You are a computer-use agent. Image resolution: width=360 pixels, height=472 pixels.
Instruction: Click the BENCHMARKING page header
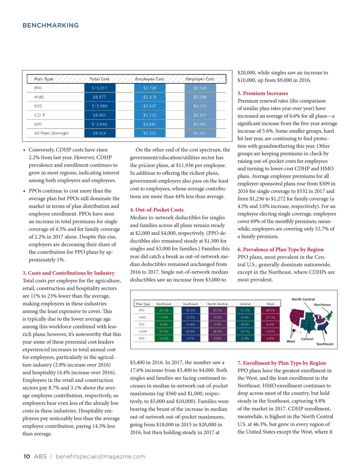click(x=50, y=25)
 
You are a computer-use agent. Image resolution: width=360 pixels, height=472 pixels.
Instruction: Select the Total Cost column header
click(x=99, y=79)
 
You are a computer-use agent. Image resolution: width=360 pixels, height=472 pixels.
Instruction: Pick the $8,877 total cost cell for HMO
click(x=100, y=97)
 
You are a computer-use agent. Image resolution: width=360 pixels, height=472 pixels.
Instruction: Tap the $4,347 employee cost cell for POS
click(x=150, y=106)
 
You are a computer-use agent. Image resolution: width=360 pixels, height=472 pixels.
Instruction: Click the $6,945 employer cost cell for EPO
click(x=200, y=124)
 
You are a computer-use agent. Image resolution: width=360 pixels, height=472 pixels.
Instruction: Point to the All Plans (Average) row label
click(x=51, y=133)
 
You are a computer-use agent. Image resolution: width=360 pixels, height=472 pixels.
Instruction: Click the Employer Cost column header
click(x=200, y=79)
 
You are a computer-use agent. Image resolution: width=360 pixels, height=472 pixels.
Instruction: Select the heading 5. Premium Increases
click(x=263, y=93)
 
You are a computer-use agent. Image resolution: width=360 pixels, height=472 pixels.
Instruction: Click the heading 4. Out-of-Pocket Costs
click(x=157, y=210)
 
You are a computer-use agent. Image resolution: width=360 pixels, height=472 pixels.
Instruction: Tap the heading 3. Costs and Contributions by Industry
click(x=68, y=273)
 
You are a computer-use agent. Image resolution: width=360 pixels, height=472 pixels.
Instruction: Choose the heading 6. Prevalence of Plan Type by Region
click(x=280, y=249)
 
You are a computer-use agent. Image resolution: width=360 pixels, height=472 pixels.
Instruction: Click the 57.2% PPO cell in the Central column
click(x=245, y=310)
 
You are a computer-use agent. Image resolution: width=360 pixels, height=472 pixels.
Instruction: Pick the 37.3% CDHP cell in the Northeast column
click(x=164, y=331)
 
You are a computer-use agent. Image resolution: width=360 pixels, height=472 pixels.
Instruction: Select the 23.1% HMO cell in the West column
click(x=270, y=317)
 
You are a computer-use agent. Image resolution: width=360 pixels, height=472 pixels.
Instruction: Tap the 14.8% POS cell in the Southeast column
click(x=190, y=325)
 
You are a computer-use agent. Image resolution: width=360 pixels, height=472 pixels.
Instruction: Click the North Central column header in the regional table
click(x=217, y=304)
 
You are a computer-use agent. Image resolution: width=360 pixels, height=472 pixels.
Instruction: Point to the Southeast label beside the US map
click(x=325, y=344)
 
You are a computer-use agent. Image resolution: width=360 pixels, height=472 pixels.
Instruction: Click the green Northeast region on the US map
click(x=329, y=315)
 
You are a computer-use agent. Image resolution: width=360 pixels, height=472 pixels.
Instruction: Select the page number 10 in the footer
click(x=27, y=456)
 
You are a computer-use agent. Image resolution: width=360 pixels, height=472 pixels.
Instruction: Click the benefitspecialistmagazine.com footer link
click(x=100, y=456)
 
